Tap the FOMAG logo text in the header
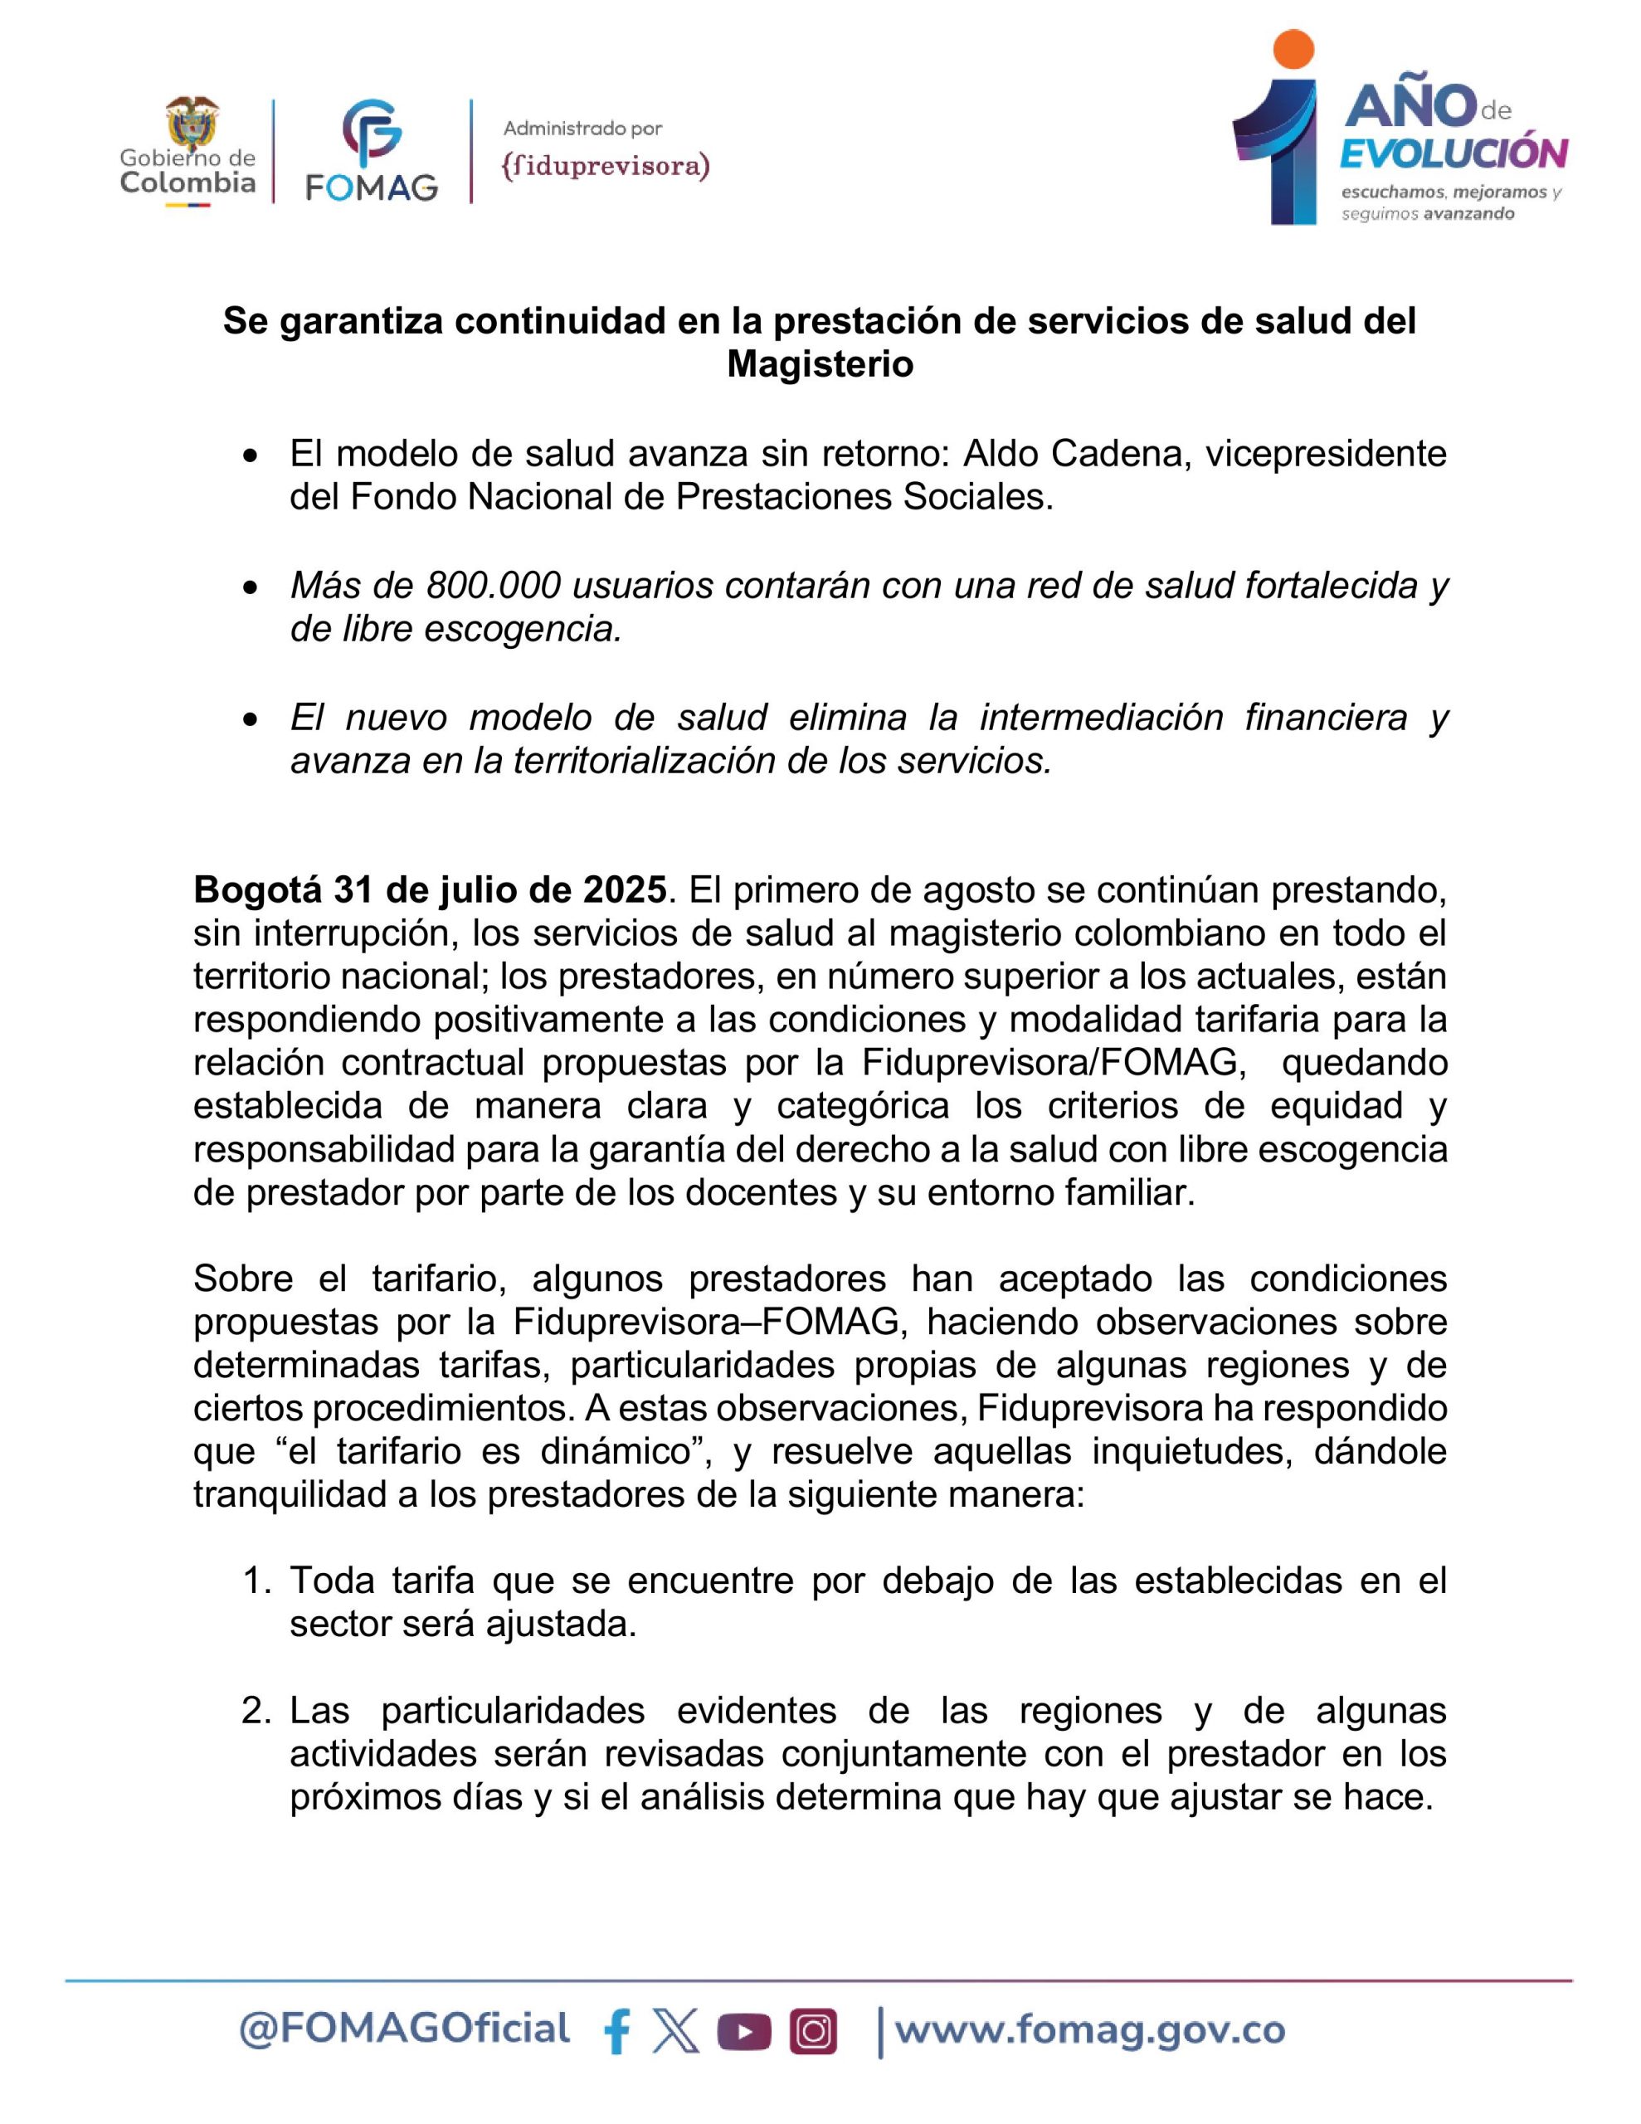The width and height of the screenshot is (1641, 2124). pos(371,185)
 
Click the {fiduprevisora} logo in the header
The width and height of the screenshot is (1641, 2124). pos(605,166)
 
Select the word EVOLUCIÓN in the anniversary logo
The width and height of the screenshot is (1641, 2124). pos(1454,153)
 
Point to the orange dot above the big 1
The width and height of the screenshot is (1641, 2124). pos(1293,50)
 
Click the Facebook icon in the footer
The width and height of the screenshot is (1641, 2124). pos(616,2030)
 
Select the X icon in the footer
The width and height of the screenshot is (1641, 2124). pos(676,2030)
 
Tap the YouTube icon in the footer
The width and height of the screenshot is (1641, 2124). pos(744,2030)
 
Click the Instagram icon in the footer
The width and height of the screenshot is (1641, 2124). pos(813,2030)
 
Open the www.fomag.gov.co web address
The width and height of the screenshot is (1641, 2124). pos(1089,2029)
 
